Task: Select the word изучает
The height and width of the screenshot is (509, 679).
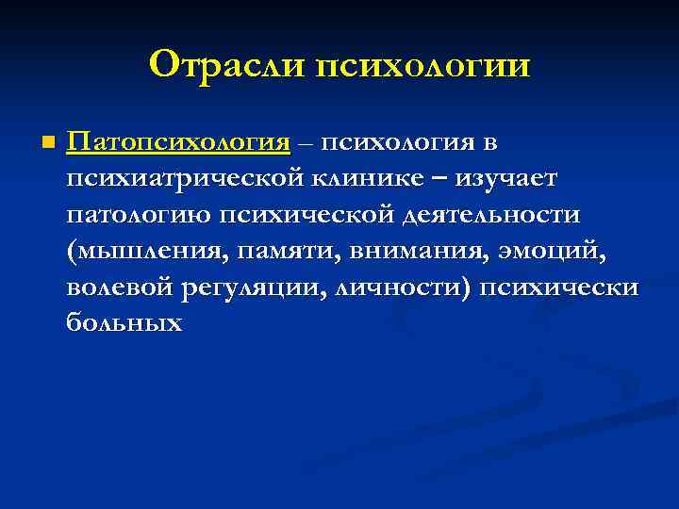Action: click(509, 179)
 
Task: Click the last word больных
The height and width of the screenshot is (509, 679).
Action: click(124, 322)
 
